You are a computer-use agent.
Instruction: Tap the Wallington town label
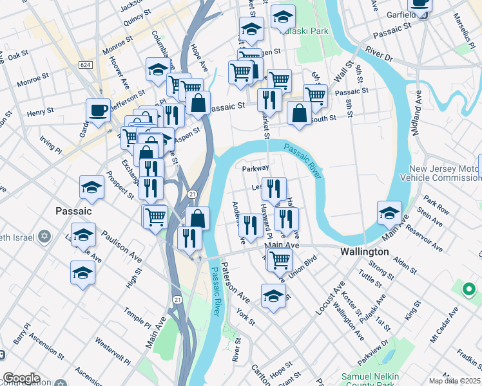[364, 252]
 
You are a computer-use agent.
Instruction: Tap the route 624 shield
[86, 65]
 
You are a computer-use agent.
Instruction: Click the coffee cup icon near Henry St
[98, 111]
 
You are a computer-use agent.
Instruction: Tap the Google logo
[21, 378]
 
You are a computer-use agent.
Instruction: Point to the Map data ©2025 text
[454, 381]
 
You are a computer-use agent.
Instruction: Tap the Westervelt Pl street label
[113, 348]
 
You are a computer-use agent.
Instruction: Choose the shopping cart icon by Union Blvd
[279, 260]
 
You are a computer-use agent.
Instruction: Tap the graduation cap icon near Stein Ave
[389, 212]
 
